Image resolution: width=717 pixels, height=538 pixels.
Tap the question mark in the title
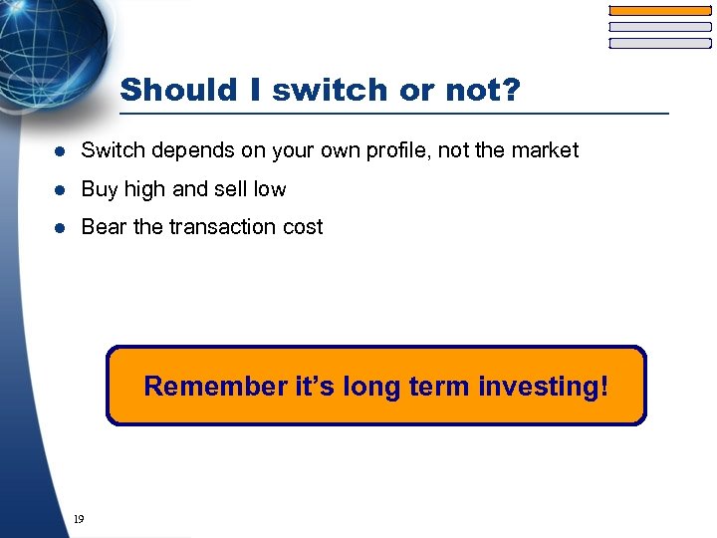tap(509, 90)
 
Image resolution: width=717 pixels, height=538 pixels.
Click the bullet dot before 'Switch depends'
tap(61, 151)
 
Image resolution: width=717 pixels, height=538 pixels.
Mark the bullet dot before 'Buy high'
tap(61, 189)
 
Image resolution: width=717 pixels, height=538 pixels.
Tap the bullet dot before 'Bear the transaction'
tap(61, 228)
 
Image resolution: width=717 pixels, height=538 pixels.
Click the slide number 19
tap(79, 519)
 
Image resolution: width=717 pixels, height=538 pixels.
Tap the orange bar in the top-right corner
tap(659, 11)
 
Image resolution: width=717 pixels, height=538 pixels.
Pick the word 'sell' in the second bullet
tap(228, 189)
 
